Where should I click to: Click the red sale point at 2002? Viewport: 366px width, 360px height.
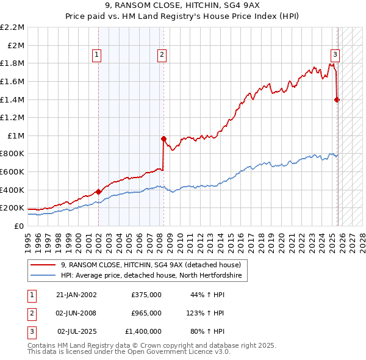99,192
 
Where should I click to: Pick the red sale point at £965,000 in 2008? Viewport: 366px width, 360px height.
163,139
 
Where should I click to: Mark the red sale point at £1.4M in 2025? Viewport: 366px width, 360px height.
337,99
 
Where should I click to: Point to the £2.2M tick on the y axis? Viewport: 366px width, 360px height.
13,27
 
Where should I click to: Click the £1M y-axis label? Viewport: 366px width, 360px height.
16,135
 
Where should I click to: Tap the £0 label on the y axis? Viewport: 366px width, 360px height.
20,226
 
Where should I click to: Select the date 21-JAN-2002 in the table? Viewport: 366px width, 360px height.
76,295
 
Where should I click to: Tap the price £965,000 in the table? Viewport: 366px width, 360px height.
146,313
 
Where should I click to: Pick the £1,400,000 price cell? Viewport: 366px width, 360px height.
143,331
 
